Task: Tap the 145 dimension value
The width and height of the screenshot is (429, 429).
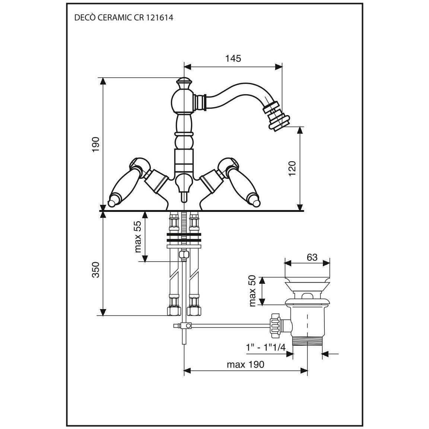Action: tap(233, 58)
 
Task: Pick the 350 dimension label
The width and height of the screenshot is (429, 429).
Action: tap(96, 270)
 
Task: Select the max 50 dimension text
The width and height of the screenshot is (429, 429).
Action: tap(253, 291)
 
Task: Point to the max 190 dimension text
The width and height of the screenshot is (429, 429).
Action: tap(245, 364)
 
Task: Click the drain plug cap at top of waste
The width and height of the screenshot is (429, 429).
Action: tap(308, 283)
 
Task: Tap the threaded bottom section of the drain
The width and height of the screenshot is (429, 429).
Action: tap(308, 340)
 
